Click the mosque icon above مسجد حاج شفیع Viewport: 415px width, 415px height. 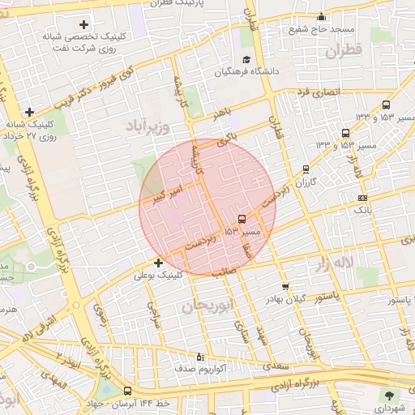click(321, 16)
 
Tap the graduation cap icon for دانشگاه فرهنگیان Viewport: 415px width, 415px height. click(246, 59)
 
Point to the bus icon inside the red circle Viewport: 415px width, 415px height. click(242, 219)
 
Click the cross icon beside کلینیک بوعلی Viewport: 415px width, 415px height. click(158, 263)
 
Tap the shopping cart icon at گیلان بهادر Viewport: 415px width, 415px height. click(285, 286)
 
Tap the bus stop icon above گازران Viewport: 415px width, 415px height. click(306, 169)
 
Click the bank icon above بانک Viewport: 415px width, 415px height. click(362, 197)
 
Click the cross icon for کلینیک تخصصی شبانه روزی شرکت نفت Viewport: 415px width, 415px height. click(83, 24)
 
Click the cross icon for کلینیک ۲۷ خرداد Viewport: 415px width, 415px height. click(30, 112)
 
